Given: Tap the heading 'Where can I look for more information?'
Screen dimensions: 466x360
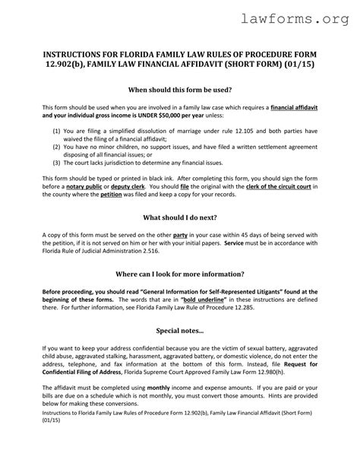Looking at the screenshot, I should coord(179,274).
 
